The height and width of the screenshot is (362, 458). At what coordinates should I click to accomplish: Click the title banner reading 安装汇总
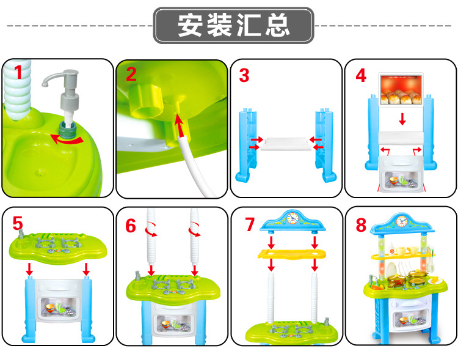coord(233,26)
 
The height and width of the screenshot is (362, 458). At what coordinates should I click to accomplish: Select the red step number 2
coord(131,74)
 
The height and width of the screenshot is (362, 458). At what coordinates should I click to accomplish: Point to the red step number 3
coord(244,76)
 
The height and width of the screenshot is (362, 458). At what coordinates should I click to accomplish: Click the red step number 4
coord(361,76)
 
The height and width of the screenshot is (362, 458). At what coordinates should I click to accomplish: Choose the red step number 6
coord(131,226)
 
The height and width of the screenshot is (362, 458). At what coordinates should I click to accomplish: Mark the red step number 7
coord(249,224)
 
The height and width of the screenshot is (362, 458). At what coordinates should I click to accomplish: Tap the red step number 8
coord(362,225)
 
